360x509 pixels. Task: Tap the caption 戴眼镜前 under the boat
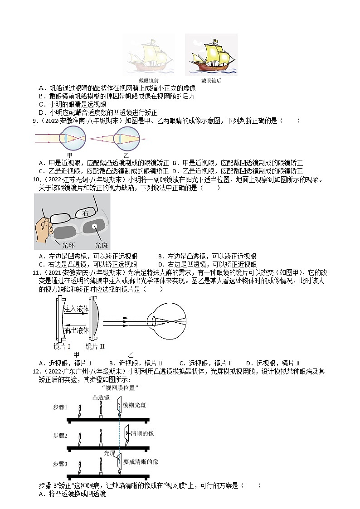click(149, 81)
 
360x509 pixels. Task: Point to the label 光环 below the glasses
click(68, 245)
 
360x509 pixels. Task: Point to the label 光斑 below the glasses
click(101, 245)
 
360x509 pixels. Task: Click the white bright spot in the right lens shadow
click(96, 226)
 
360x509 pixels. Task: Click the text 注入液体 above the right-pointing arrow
click(76, 309)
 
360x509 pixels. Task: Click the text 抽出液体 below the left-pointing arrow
click(76, 331)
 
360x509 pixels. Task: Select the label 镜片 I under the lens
click(62, 346)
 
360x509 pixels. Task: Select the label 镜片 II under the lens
click(95, 346)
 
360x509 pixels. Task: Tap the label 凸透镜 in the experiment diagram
click(101, 398)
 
